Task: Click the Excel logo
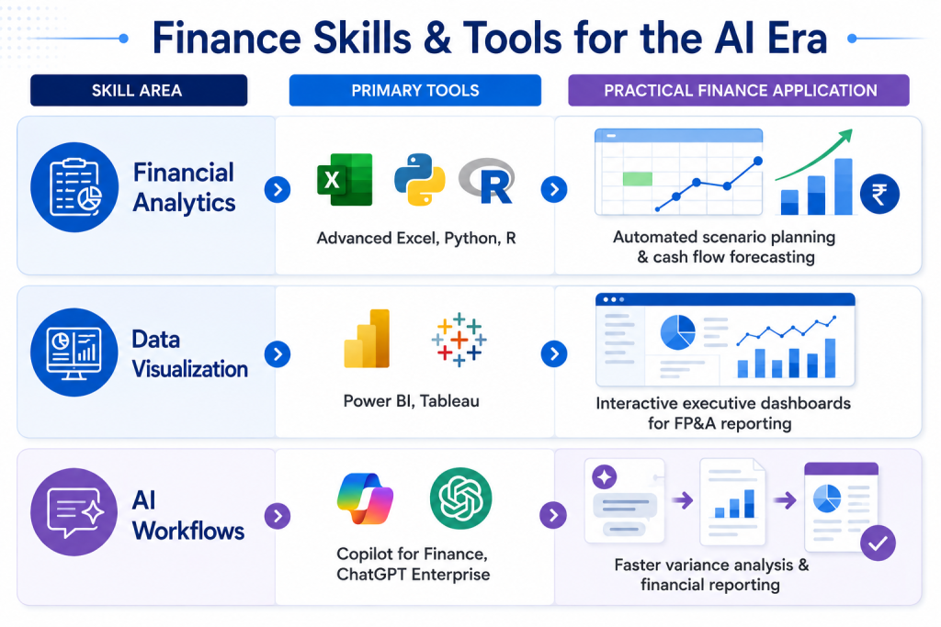pos(345,180)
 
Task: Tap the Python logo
pos(419,179)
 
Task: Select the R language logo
pos(487,181)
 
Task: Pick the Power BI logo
pos(367,338)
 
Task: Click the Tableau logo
pos(459,340)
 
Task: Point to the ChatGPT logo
pos(461,498)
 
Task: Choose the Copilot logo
pos(365,498)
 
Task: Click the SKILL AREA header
pos(139,91)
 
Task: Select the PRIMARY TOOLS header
pos(415,91)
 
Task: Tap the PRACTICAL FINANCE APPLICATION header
pos(739,91)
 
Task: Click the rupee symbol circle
pos(879,195)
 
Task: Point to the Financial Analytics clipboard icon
pos(74,187)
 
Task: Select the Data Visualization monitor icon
pos(74,353)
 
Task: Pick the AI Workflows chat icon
pos(74,512)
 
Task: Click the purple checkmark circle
pos(878,543)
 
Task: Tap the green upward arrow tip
pos(851,130)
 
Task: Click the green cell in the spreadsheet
pos(638,179)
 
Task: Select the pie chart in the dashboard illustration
pos(677,332)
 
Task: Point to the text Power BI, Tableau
pos(411,400)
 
